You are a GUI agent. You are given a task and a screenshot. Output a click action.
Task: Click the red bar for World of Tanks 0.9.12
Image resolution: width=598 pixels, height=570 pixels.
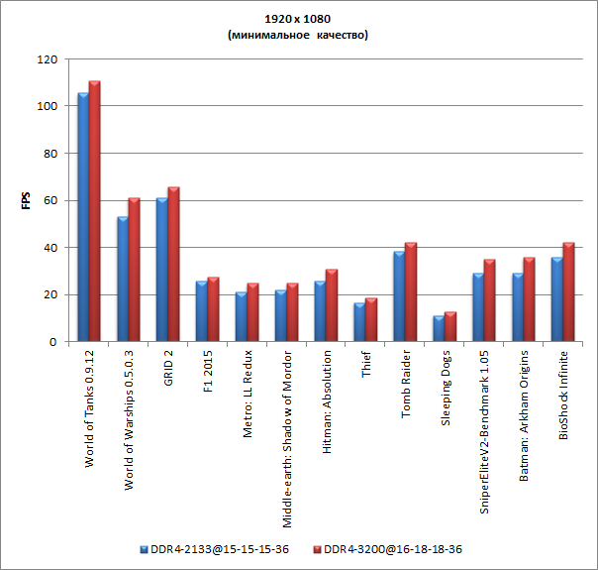tap(95, 211)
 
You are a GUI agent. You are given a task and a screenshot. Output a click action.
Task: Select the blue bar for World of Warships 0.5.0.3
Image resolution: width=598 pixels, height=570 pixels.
tap(123, 280)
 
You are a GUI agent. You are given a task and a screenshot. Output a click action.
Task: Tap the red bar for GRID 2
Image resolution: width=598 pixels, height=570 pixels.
tap(174, 265)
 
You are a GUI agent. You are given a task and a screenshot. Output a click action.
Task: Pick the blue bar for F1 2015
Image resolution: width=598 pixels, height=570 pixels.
tap(202, 312)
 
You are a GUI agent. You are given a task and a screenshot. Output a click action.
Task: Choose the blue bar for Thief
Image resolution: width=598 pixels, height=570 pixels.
tap(359, 322)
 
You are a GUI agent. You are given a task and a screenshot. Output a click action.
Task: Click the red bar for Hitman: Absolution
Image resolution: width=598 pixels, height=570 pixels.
tap(332, 305)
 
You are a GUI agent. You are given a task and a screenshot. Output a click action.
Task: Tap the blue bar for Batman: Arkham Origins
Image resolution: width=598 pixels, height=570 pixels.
tap(518, 307)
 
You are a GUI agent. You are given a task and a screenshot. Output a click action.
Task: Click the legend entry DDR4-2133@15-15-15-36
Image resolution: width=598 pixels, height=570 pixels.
tap(213, 548)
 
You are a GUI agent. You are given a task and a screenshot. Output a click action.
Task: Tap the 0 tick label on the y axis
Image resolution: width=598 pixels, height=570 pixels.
tap(52, 342)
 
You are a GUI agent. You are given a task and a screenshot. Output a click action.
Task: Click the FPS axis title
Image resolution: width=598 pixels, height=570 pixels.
tap(27, 200)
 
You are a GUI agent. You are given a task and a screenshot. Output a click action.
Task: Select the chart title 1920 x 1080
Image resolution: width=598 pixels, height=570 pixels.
tap(298, 19)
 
